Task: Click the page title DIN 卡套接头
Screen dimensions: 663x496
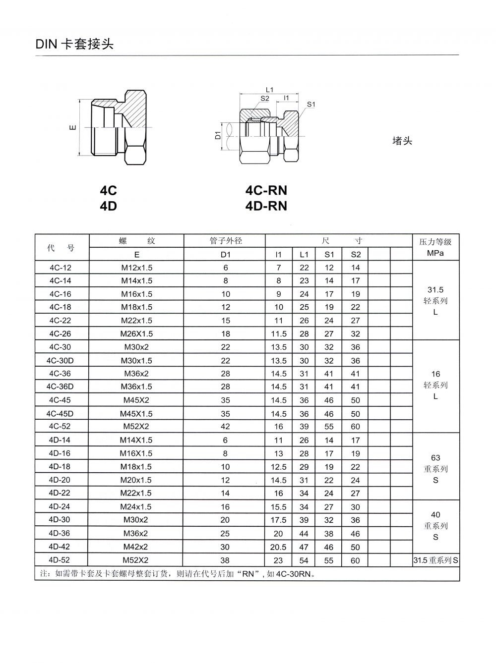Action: point(74,44)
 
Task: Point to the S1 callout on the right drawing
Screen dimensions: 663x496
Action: point(311,104)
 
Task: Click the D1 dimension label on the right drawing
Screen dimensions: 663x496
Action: point(217,134)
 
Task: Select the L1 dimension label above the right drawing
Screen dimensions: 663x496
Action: point(269,90)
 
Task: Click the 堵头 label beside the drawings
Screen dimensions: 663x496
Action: point(402,141)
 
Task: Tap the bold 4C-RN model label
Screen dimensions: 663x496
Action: point(266,190)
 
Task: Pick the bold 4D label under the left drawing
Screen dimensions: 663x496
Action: point(108,206)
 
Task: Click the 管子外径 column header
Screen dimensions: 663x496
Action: point(226,241)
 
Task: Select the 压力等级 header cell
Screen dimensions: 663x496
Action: point(435,242)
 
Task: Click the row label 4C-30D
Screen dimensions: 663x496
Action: point(61,361)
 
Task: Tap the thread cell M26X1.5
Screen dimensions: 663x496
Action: point(137,333)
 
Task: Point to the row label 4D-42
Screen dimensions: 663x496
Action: point(61,547)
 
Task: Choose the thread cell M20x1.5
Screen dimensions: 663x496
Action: point(137,480)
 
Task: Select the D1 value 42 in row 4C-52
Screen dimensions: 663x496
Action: point(226,427)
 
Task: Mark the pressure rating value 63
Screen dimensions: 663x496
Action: point(435,457)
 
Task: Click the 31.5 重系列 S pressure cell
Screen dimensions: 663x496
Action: point(435,560)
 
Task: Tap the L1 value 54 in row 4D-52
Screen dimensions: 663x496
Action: point(304,560)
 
